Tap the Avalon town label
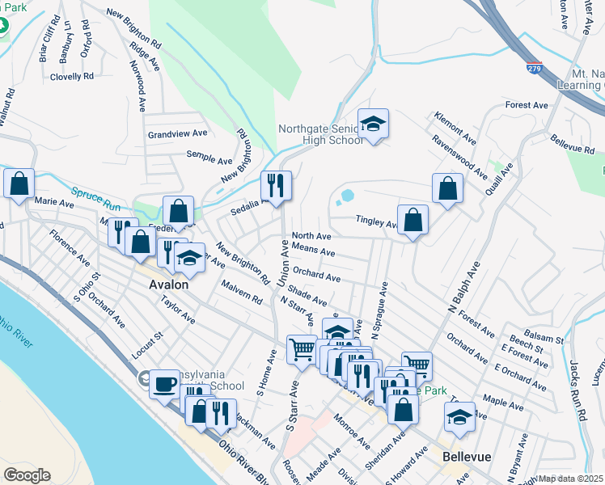pyautogui.click(x=169, y=285)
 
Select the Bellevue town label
pyautogui.click(x=467, y=457)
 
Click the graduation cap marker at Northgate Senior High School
pyautogui.click(x=373, y=124)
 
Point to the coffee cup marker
pyautogui.click(x=165, y=383)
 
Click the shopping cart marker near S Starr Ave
pyautogui.click(x=302, y=350)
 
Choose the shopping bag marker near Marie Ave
pyautogui.click(x=19, y=183)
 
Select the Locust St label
pyautogui.click(x=146, y=344)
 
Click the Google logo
pyautogui.click(x=27, y=474)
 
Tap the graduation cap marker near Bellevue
pyautogui.click(x=459, y=417)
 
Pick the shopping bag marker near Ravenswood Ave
pyautogui.click(x=447, y=189)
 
